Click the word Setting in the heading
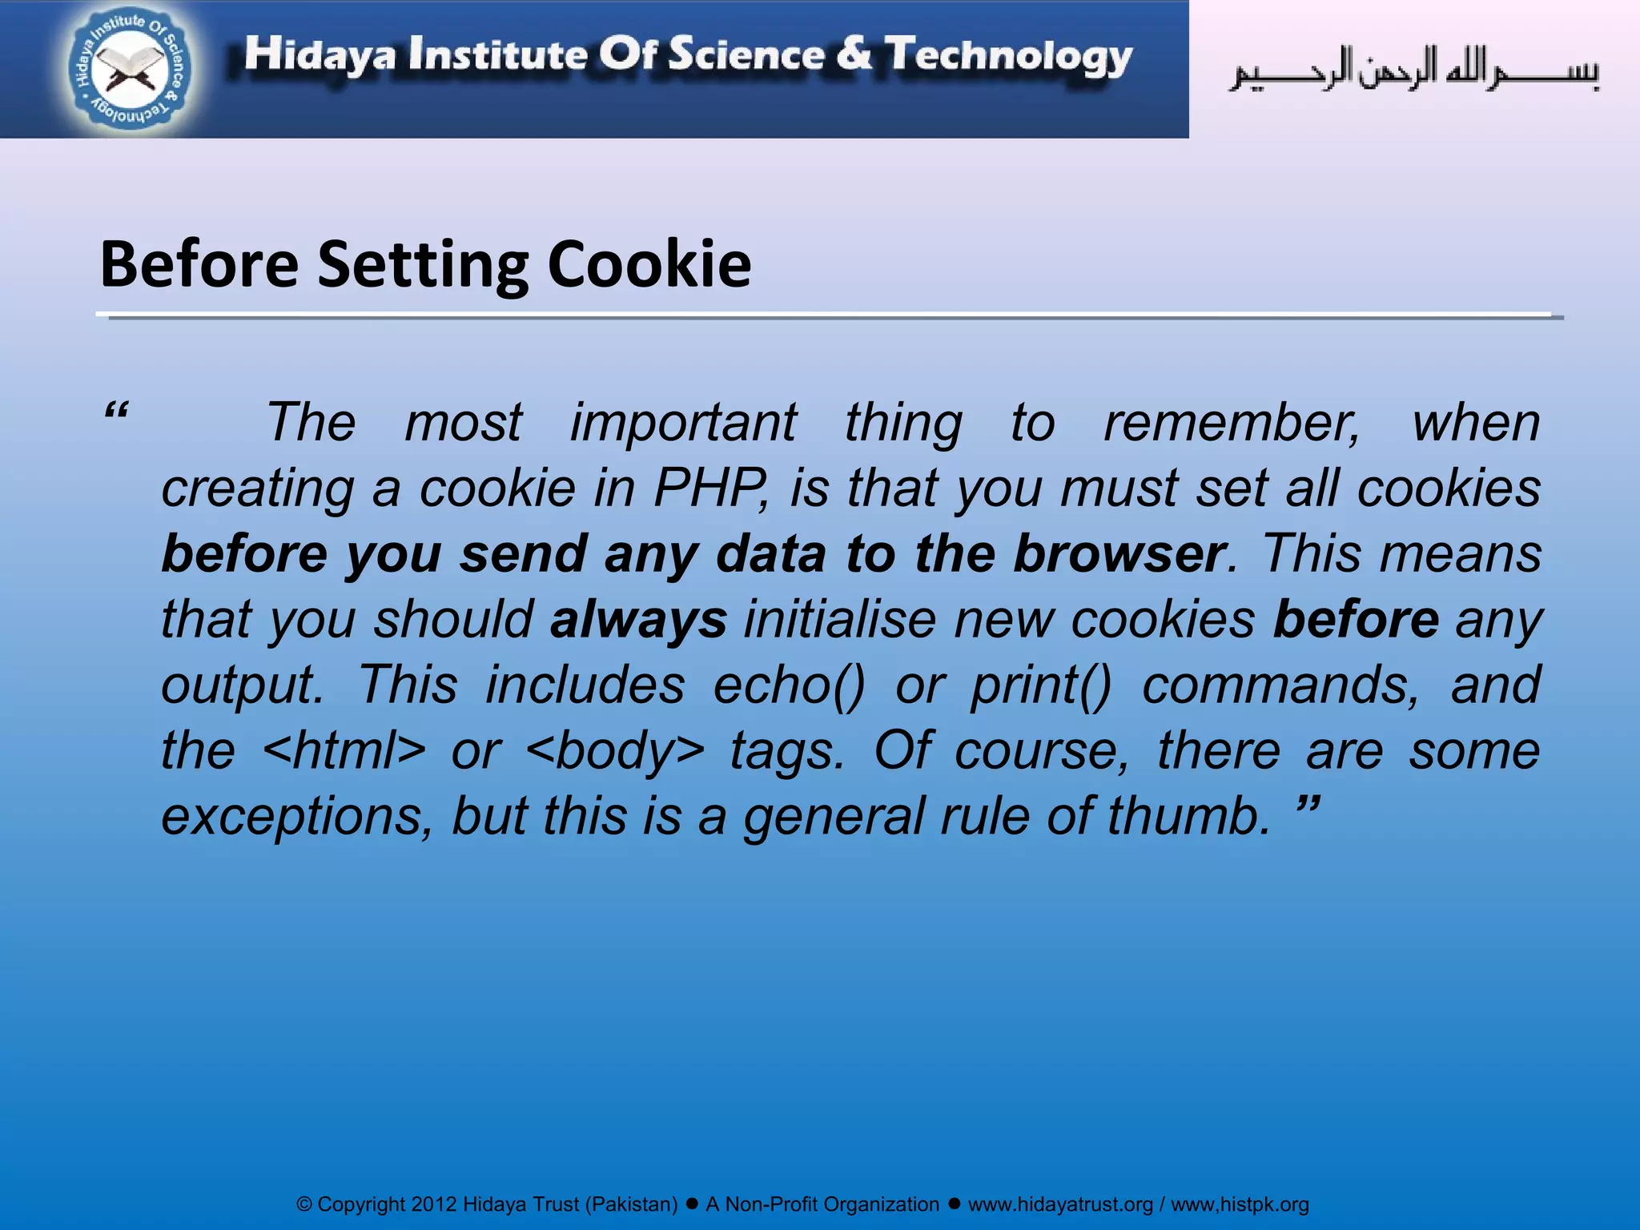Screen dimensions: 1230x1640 click(x=423, y=264)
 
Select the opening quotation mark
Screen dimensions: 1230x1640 click(x=117, y=412)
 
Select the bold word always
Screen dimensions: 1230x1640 click(x=638, y=619)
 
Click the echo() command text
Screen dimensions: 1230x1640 click(x=789, y=685)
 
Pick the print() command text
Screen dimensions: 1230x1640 click(x=1041, y=685)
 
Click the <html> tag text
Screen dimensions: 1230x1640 click(x=344, y=750)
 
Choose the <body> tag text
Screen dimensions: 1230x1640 click(x=616, y=750)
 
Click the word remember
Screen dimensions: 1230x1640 click(x=1232, y=422)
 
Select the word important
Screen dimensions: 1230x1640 click(x=683, y=422)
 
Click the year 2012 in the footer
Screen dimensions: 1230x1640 click(x=433, y=1204)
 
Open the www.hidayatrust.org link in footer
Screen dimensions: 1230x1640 click(x=1060, y=1204)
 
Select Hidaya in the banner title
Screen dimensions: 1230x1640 click(x=320, y=55)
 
